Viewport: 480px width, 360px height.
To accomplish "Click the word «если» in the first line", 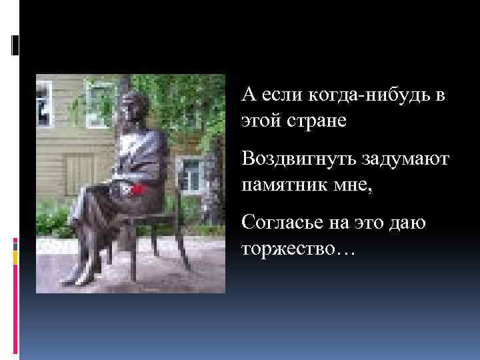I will pyautogui.click(x=279, y=97).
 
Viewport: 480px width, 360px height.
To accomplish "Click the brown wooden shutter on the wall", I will pyautogui.click(x=77, y=175).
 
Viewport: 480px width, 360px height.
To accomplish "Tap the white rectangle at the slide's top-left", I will pyautogui.click(x=15, y=45).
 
